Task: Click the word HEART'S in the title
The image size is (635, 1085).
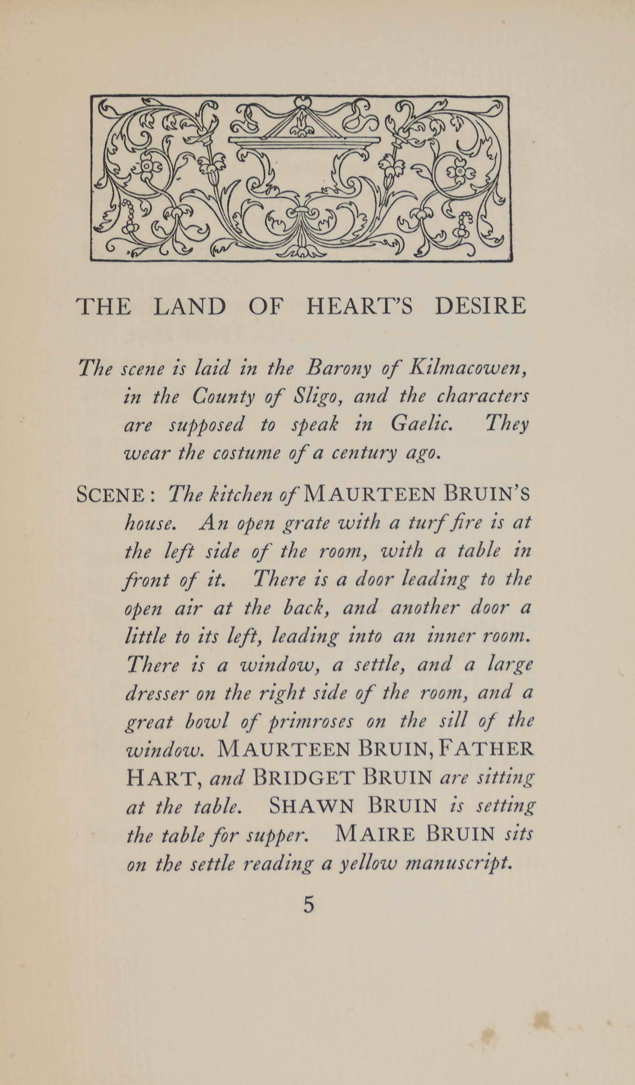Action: pos(359,306)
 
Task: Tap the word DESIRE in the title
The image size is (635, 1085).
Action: pos(480,306)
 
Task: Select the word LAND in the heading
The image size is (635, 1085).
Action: pos(189,306)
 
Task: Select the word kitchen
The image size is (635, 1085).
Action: pos(240,496)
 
